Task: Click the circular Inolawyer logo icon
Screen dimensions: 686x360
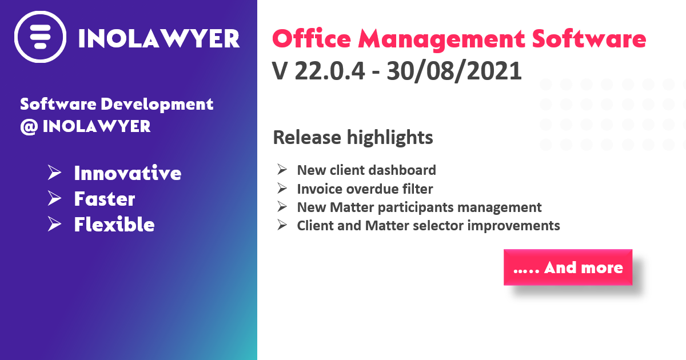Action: [x=40, y=37]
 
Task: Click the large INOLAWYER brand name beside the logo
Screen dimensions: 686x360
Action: [x=159, y=39]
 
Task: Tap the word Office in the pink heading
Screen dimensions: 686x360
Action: [x=312, y=39]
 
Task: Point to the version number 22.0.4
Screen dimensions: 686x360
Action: [x=329, y=71]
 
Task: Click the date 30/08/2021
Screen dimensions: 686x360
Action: [x=454, y=71]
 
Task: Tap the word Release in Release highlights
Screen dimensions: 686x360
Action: [x=307, y=137]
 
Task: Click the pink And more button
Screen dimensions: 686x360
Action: [x=568, y=267]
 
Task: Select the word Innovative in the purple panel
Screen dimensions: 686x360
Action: [x=127, y=173]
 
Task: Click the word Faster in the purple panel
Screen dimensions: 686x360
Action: [x=105, y=199]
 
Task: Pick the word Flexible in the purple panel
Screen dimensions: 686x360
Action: [x=114, y=225]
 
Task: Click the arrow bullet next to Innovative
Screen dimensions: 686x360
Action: [x=54, y=173]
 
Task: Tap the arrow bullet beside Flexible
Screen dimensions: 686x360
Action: [x=54, y=224]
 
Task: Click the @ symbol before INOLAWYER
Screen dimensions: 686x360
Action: [x=29, y=127]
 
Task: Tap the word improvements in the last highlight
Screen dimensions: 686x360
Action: [x=513, y=226]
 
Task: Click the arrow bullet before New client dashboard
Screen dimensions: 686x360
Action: [x=282, y=170]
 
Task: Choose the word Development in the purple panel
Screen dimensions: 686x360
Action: [x=157, y=105]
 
